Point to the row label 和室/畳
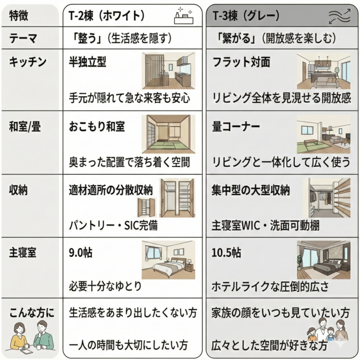(27, 127)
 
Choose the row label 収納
(19, 190)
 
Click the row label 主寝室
(23, 252)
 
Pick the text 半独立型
(88, 62)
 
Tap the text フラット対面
(241, 62)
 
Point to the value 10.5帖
(227, 252)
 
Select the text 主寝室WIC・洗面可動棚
(266, 224)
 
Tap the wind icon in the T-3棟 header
(339, 17)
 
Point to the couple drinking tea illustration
(32, 336)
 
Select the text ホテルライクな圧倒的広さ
(270, 287)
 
